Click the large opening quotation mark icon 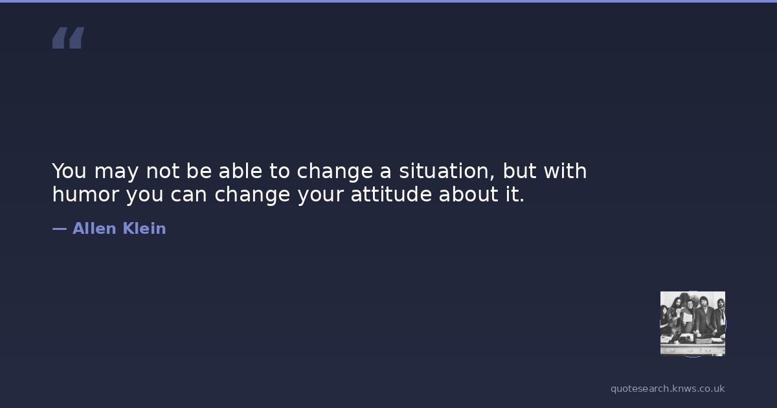69,38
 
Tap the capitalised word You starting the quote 69,171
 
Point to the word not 163,172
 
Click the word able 240,171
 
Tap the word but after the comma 519,171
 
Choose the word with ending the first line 565,171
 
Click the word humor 85,194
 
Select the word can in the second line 188,195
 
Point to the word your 320,196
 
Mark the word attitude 391,194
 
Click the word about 468,194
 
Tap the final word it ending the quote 515,194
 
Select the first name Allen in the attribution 94,228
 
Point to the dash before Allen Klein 60,229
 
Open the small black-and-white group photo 693,324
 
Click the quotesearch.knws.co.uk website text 668,389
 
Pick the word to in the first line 280,172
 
